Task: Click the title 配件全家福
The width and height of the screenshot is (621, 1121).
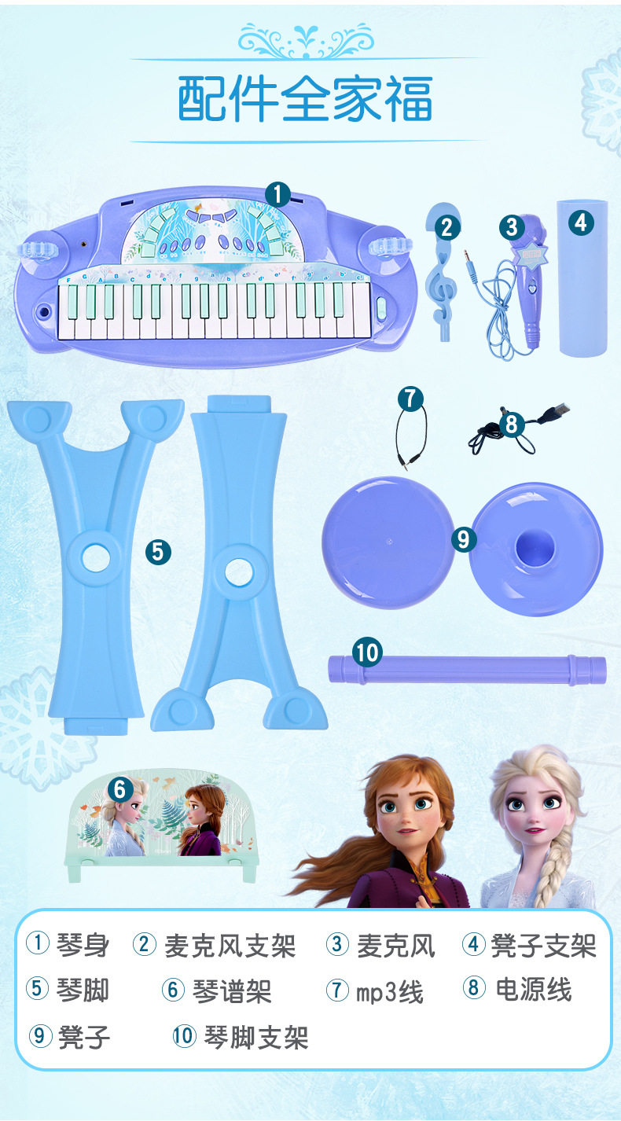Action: (305, 98)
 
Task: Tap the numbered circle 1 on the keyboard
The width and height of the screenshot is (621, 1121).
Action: (277, 194)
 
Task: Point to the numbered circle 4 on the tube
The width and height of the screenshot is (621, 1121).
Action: (581, 222)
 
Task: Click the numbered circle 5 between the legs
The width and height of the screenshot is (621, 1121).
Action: (158, 552)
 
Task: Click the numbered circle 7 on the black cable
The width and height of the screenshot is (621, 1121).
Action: (411, 399)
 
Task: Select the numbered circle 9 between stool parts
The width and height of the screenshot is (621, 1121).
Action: (463, 539)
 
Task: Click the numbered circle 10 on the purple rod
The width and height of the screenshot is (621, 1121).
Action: (367, 652)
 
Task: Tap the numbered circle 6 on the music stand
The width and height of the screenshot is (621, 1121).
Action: (120, 789)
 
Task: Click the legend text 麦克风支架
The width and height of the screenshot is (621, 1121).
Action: (230, 946)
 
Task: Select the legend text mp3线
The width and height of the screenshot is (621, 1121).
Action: (390, 991)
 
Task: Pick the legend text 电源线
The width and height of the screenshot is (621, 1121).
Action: (534, 990)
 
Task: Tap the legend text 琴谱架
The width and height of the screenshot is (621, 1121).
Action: (232, 991)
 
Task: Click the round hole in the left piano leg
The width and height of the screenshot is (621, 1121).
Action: (96, 557)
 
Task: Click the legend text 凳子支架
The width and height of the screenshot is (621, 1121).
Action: (543, 946)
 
